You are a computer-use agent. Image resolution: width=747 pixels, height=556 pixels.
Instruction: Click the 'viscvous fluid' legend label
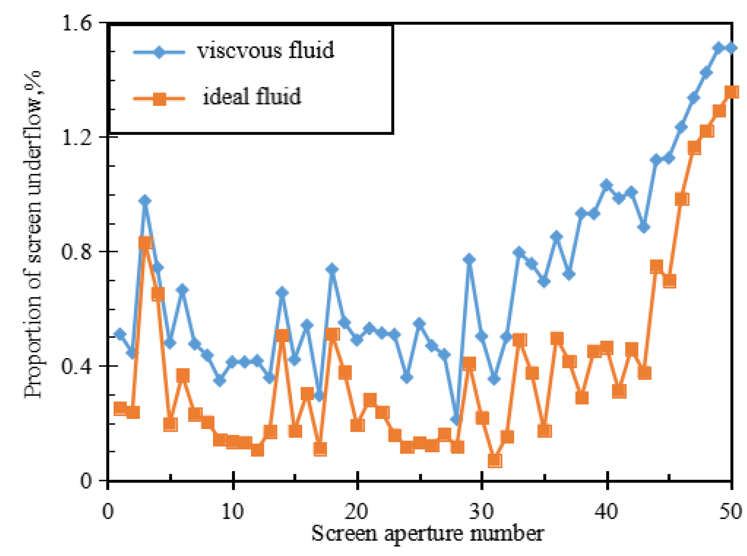click(x=265, y=51)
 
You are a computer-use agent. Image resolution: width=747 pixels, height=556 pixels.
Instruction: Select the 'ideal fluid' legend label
click(x=252, y=97)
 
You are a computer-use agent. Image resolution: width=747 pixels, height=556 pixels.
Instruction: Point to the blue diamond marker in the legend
click(x=159, y=52)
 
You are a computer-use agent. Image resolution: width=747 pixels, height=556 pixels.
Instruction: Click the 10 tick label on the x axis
click(x=233, y=512)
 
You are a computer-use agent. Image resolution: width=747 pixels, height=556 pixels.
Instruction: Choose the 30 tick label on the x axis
click(x=482, y=512)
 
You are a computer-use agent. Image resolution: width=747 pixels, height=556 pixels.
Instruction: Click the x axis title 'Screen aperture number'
click(x=427, y=534)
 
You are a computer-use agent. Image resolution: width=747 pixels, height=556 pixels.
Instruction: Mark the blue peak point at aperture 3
click(x=145, y=201)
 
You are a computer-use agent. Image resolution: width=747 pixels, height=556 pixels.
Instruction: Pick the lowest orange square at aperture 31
click(x=495, y=461)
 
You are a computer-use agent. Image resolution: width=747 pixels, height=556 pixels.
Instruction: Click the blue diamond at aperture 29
click(x=469, y=259)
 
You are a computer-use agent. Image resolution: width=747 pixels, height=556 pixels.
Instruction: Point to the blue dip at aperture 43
click(x=644, y=228)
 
